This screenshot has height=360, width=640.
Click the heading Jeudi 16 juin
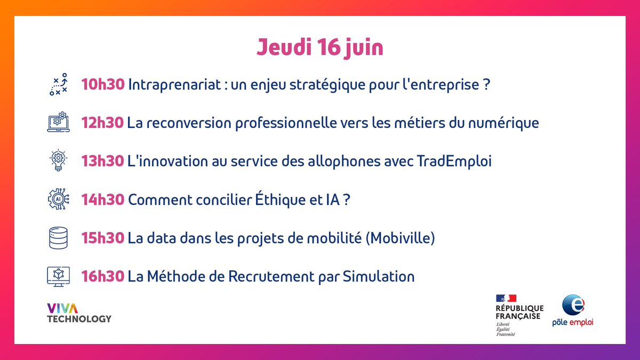pos(319,47)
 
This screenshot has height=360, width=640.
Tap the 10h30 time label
pos(103,84)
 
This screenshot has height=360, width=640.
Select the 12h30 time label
pos(103,123)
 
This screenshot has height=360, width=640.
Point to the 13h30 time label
pos(102,161)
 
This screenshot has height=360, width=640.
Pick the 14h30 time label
pos(103,199)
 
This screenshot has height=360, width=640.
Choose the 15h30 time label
pos(103,238)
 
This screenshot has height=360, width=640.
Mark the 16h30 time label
pos(103,276)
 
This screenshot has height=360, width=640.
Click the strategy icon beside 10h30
pos(58,84)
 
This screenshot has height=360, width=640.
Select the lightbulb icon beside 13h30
pos(58,161)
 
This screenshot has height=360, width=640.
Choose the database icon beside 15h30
pos(58,238)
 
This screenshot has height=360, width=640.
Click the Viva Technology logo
pos(79,313)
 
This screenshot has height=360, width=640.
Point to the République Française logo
pos(519,314)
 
